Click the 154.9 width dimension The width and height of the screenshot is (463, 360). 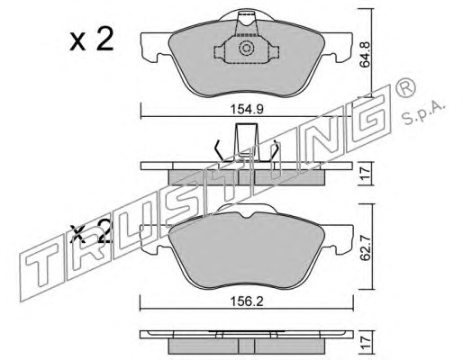pyautogui.click(x=247, y=109)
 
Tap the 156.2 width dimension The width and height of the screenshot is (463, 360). pyautogui.click(x=247, y=301)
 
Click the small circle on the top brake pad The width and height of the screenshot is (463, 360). pyautogui.click(x=246, y=49)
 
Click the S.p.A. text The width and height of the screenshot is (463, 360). pyautogui.click(x=422, y=112)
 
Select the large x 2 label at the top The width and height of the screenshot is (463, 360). pyautogui.click(x=92, y=39)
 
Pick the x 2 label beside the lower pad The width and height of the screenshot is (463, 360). pyautogui.click(x=90, y=231)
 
